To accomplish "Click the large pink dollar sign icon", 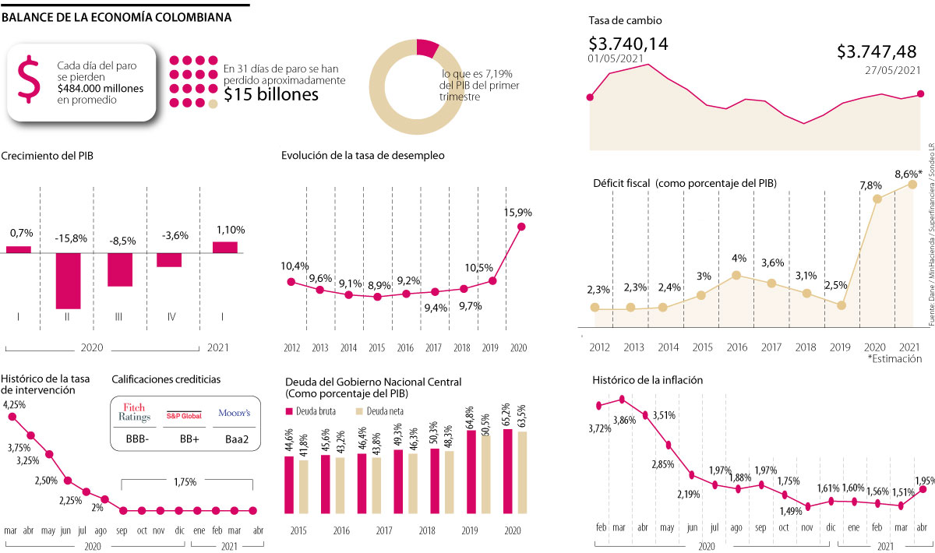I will tap(28, 80).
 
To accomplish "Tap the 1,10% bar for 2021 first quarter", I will tap(224, 247).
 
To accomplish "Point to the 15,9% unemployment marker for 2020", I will tap(521, 227).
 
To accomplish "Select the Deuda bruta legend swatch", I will tap(288, 411).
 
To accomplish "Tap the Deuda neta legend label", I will tap(383, 411).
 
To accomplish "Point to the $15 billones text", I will tap(271, 95).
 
